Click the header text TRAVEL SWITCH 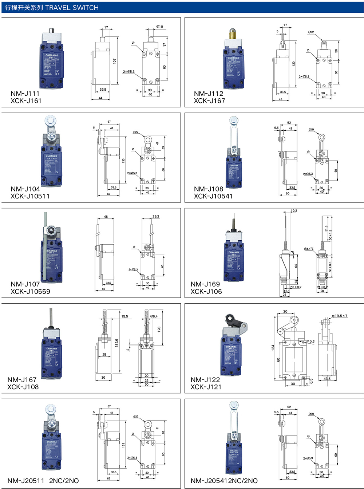pyautogui.click(x=72, y=8)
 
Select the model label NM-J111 pyautogui.click(x=25, y=94)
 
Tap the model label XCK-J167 pyautogui.click(x=209, y=101)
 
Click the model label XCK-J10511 pyautogui.click(x=30, y=196)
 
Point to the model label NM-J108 pyautogui.click(x=208, y=189)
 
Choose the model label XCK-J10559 pyautogui.click(x=30, y=292)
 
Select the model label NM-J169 pyautogui.click(x=205, y=284)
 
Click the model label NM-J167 pyautogui.click(x=22, y=380)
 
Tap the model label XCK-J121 pyautogui.click(x=206, y=387)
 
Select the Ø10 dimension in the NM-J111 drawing pyautogui.click(x=159, y=27)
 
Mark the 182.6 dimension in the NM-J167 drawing pyautogui.click(x=116, y=343)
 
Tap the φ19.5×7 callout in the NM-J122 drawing pyautogui.click(x=339, y=316)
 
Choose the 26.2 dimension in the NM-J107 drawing pyautogui.click(x=155, y=216)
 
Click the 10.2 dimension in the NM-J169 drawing pyautogui.click(x=294, y=210)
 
